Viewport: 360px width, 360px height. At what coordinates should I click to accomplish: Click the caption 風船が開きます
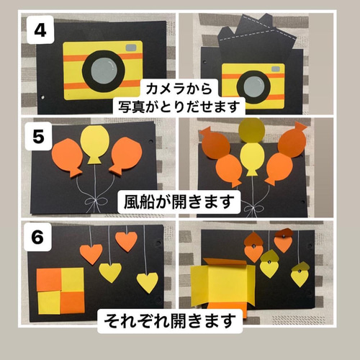click(179, 201)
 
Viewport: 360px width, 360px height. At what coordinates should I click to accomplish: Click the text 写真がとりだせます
click(180, 107)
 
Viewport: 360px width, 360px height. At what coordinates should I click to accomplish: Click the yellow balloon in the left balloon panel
click(94, 145)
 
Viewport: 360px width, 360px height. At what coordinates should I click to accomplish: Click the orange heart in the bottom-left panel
click(90, 253)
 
